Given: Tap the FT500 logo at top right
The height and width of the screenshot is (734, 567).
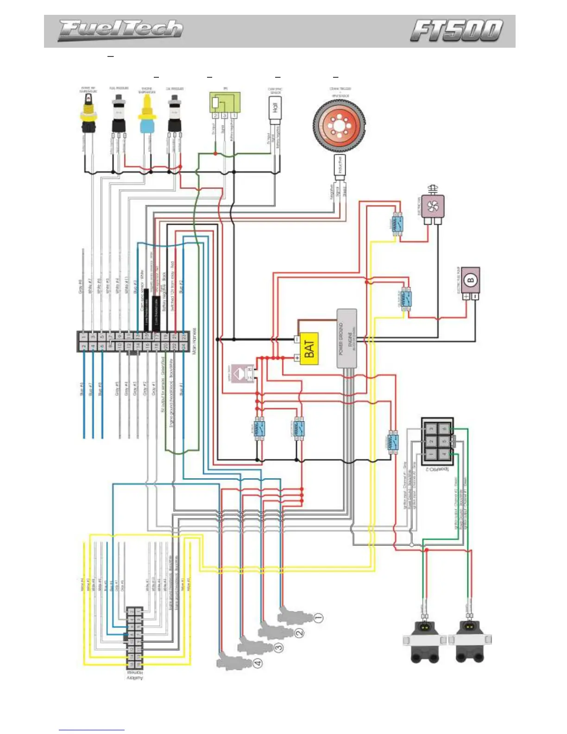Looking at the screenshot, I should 456,31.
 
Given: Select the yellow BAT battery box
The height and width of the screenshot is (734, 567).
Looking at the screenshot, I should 309,348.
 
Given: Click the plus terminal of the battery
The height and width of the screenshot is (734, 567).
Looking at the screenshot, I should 297,358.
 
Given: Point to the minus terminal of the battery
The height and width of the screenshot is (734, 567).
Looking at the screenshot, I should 297,339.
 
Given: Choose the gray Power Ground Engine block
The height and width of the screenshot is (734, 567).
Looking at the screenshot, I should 346,338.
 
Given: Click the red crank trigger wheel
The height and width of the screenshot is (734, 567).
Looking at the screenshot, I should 339,125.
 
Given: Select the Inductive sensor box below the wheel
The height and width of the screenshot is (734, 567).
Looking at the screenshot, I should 340,165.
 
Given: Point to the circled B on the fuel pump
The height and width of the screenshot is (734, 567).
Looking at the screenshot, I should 471,279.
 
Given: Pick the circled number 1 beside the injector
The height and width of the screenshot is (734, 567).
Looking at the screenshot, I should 318,617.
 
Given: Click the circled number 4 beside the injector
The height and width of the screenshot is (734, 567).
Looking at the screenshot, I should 258,663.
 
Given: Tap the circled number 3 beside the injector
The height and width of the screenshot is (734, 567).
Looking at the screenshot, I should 278,648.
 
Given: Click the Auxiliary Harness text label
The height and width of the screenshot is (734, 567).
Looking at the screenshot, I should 135,675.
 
